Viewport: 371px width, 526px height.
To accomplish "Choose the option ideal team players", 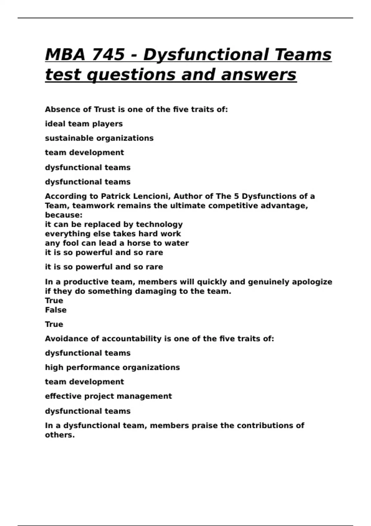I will coord(84,124).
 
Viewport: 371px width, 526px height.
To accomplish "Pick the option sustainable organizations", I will coord(99,138).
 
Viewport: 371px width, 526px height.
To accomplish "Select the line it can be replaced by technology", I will coord(114,224).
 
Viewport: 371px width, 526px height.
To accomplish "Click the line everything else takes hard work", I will coord(113,234).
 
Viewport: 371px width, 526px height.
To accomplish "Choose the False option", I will coord(56,310).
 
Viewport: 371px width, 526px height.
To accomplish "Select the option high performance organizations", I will coord(112,368).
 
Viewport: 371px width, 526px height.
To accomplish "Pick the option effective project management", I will coord(108,396).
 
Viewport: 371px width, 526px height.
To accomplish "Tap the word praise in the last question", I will coord(204,426).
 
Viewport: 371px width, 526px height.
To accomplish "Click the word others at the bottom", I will coord(60,435).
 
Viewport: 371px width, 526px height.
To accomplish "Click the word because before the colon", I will coord(63,215).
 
